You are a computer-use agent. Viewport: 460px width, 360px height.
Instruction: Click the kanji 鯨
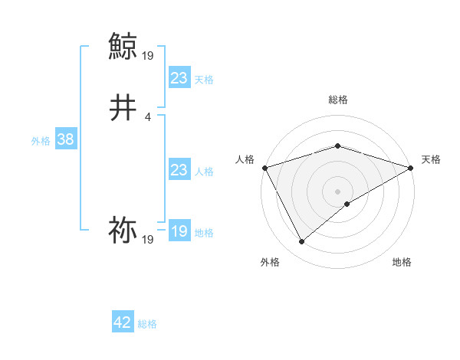[123, 47]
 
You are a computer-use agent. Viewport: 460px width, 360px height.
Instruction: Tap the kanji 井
[123, 109]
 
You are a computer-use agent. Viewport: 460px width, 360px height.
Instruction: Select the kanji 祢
[123, 230]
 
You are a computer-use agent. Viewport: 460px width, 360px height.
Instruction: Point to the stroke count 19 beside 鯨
[148, 55]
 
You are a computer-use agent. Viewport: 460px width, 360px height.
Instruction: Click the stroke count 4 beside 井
[147, 116]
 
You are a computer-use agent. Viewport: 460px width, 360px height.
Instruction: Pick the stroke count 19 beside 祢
[148, 240]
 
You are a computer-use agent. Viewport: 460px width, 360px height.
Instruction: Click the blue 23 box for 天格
[179, 78]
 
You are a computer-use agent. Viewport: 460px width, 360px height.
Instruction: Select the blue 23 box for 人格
[179, 170]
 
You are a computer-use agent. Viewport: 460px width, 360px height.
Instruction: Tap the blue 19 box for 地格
[179, 231]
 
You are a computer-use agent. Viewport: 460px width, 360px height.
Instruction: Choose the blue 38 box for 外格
[65, 139]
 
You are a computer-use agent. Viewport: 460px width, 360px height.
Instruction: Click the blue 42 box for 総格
[123, 322]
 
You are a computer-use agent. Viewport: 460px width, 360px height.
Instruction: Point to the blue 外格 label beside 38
[41, 141]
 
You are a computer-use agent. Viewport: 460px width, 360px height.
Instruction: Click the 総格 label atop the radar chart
[337, 100]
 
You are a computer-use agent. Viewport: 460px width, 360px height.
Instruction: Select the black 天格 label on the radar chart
[431, 159]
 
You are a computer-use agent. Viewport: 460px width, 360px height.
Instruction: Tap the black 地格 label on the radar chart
[402, 262]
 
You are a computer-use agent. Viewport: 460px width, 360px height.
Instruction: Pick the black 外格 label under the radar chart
[270, 262]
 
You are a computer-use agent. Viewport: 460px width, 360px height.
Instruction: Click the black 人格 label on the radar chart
[245, 159]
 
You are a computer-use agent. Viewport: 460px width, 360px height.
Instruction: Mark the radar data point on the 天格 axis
[411, 167]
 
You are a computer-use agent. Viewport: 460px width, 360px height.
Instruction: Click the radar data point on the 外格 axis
[301, 242]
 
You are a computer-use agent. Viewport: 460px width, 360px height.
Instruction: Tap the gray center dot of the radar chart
[337, 191]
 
